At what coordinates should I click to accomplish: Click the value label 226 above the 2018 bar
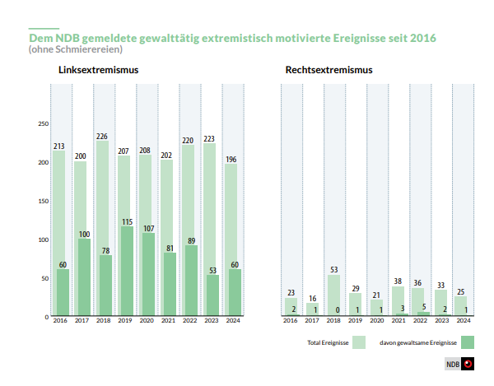point(102,137)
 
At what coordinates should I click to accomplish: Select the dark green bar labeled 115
point(127,271)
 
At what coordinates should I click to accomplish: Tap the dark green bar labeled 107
point(148,274)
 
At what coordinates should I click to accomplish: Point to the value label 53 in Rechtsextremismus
point(334,270)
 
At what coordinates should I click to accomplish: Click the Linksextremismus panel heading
point(98,70)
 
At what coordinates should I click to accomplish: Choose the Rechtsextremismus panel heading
point(329,70)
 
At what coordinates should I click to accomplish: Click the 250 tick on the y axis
point(44,123)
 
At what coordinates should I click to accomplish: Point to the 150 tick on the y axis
point(44,201)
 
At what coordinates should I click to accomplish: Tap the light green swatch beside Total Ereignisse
point(359,342)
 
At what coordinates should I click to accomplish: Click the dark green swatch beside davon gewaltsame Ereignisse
point(468,342)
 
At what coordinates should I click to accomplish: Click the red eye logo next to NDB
point(468,364)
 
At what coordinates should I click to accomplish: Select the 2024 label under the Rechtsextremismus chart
point(464,320)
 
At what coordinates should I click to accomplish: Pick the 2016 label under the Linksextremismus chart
point(60,320)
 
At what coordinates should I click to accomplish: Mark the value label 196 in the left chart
point(231,160)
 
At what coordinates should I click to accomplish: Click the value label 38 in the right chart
point(398,281)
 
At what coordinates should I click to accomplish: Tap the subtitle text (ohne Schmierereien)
point(76,49)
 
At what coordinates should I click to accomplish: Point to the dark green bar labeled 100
point(84,277)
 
